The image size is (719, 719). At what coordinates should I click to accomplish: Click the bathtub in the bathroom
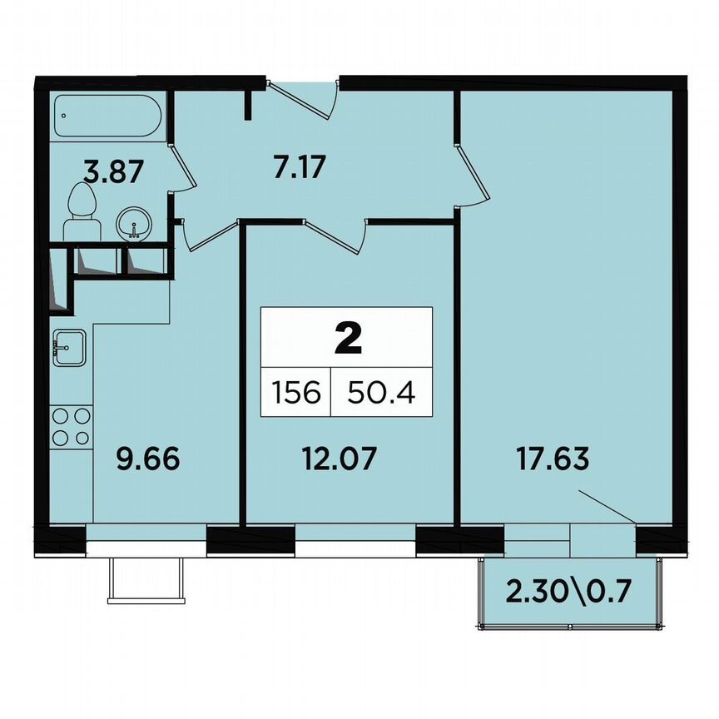pos(107,117)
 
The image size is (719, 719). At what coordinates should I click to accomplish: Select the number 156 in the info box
pos(295,392)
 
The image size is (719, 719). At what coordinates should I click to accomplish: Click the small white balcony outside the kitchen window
pos(144,579)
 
